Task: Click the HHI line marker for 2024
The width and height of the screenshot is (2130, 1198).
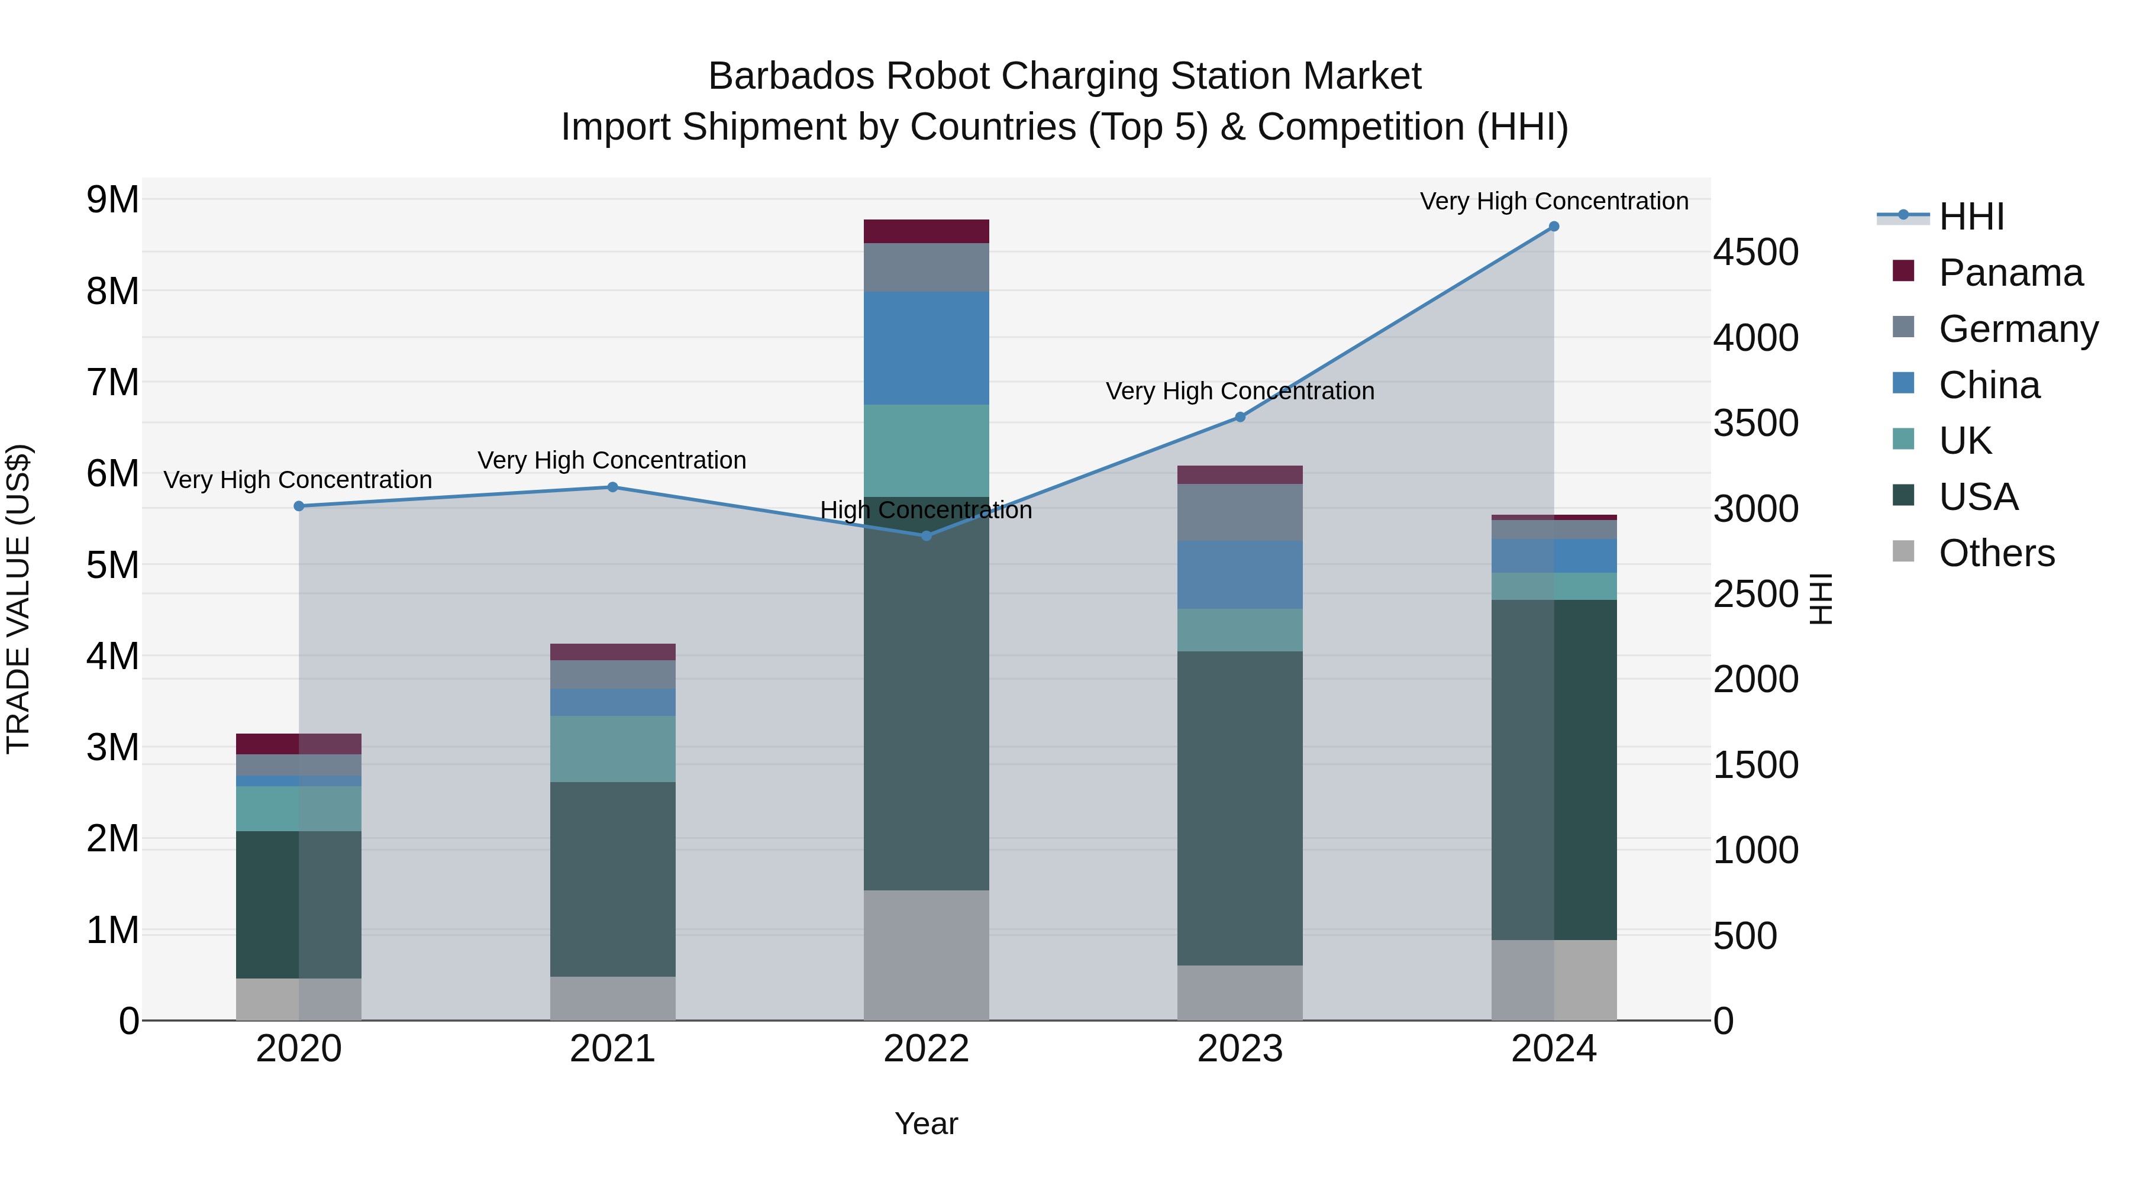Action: [x=1554, y=227]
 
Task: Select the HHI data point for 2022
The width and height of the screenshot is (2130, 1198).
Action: [x=926, y=536]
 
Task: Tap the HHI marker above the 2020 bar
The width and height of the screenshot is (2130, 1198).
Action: [x=299, y=506]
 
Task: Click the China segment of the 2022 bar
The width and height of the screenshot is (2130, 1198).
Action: [x=926, y=348]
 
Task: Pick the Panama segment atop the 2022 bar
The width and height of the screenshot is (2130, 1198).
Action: [x=926, y=231]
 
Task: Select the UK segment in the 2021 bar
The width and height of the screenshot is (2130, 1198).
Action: [x=613, y=749]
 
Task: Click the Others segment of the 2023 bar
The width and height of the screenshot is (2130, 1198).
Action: [x=1240, y=992]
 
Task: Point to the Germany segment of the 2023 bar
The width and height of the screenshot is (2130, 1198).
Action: [x=1240, y=512]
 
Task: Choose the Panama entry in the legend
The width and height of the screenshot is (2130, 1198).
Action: [x=2009, y=273]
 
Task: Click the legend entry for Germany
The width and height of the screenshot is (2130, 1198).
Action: [x=2018, y=329]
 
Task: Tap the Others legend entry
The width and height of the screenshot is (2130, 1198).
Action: [x=1996, y=553]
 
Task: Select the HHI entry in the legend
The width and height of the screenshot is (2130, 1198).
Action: [x=1971, y=217]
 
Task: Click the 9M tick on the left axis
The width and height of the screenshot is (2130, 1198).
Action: [x=112, y=200]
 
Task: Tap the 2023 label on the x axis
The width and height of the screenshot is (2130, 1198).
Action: [x=1240, y=1049]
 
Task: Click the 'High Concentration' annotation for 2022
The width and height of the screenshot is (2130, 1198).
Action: [x=926, y=510]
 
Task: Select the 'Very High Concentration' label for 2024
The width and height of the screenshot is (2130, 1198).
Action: [x=1554, y=201]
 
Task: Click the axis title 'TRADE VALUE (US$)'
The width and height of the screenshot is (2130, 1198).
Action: [x=19, y=599]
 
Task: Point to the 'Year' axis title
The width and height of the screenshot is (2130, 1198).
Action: [x=926, y=1123]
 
